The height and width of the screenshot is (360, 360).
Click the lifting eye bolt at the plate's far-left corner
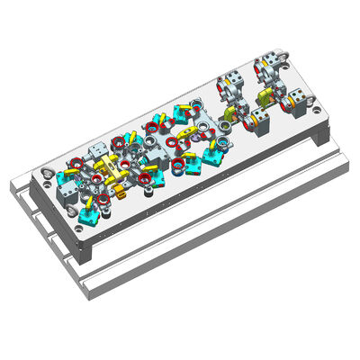[46, 171]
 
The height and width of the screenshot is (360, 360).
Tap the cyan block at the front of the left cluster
[89, 215]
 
